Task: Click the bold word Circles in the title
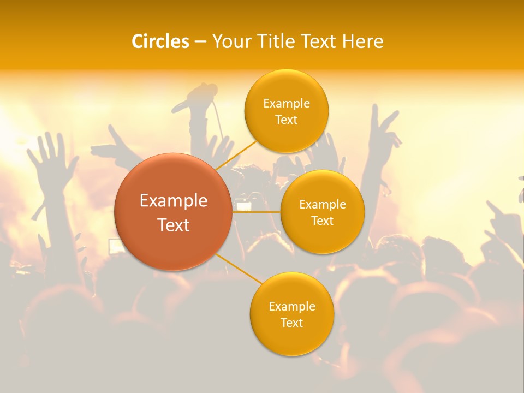point(160,41)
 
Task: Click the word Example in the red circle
point(174,201)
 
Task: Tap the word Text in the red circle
point(174,225)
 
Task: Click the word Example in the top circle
point(287,104)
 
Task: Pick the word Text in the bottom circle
point(291,323)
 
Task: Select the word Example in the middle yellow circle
point(323,205)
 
